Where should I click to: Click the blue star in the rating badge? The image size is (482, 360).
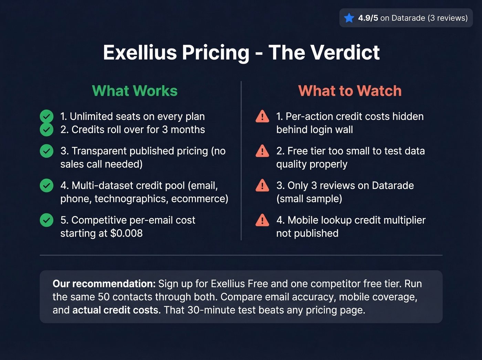pos(349,18)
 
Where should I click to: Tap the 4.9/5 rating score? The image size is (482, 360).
pos(368,18)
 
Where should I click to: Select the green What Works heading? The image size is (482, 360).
pos(135,91)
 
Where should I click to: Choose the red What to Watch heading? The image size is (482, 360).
pos(350,91)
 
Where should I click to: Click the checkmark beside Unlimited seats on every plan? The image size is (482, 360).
pos(46,116)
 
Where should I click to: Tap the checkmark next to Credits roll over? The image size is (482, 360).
pos(46,130)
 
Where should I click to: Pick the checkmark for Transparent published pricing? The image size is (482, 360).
pos(46,151)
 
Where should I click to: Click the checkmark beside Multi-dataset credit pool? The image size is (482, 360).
pos(46,185)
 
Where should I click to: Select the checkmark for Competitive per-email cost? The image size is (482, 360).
pos(46,220)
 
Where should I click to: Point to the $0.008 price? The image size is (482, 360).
pos(126,233)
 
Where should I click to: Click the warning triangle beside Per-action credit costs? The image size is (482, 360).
pos(262,116)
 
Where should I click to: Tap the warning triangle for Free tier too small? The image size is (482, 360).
pos(262,151)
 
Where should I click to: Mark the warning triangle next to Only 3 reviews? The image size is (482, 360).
pos(262,185)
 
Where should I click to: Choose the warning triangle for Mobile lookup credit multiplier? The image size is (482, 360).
pos(262,220)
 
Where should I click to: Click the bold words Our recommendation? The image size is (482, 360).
pos(104,284)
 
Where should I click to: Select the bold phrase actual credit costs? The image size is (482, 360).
pos(116,310)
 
